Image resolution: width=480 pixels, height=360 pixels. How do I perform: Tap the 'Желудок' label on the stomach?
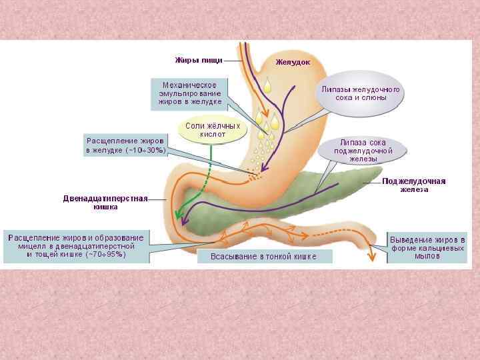(293, 63)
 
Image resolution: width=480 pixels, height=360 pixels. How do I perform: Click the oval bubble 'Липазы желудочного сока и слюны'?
(360, 93)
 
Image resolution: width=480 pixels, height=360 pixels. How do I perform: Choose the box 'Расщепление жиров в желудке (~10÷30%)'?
(126, 145)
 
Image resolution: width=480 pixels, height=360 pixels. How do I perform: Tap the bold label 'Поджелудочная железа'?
(413, 185)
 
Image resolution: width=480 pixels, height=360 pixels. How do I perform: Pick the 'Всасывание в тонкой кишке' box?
(263, 256)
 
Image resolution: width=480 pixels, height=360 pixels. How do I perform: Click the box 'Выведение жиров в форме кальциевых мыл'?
(427, 247)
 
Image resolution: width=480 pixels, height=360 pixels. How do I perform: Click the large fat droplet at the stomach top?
(267, 85)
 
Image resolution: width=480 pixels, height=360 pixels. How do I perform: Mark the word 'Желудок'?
(293, 63)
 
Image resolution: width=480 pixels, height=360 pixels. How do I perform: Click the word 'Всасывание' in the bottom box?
(234, 256)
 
